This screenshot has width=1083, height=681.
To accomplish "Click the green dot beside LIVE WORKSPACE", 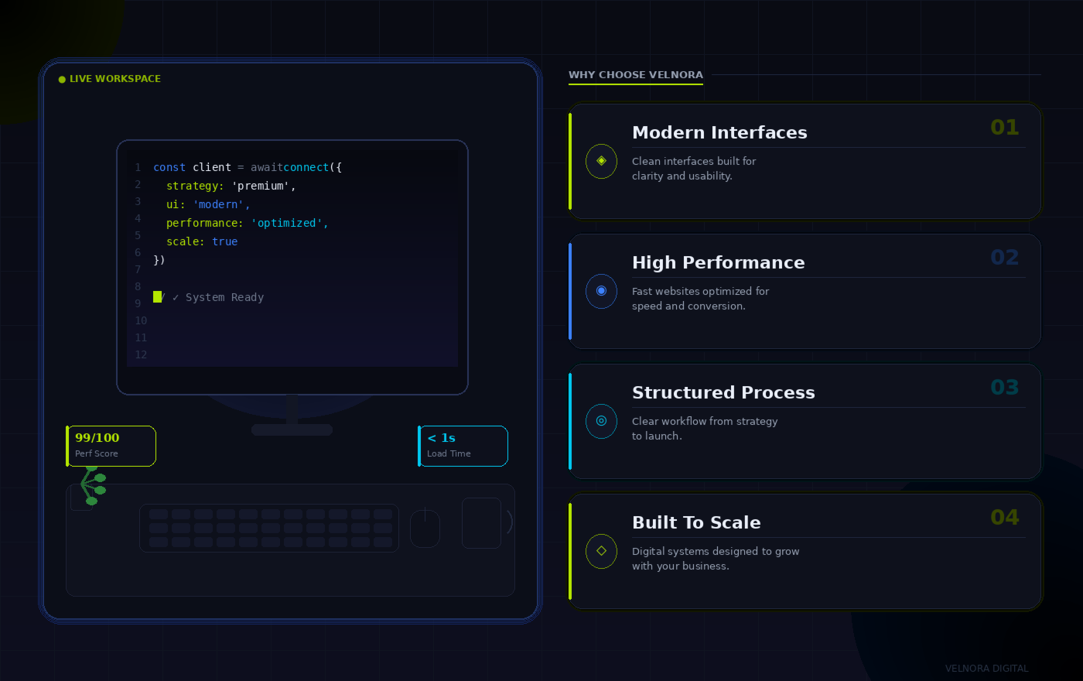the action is coord(62,79).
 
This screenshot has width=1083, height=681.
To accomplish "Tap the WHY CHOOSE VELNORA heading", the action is coord(635,75).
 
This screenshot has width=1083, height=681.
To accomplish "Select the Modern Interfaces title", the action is coord(719,132).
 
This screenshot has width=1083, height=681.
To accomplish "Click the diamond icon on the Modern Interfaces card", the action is coord(602,161).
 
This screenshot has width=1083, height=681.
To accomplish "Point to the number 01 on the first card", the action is coord(1005,128).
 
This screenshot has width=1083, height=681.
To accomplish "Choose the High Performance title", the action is coord(719,262).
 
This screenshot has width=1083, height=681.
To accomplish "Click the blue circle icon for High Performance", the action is coord(602,291).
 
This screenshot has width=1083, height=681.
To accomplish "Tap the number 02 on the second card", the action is coord(1005,257).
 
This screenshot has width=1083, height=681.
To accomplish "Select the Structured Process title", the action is coord(723,392).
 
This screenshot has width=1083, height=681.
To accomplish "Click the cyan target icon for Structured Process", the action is coord(602,421).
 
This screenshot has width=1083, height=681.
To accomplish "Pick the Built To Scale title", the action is coord(696,522).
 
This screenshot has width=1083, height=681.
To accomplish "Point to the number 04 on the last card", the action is coord(1005,518).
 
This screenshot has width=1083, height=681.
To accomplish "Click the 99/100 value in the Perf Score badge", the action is coord(97,438).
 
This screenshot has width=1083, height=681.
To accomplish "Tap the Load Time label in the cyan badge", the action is coord(449,453).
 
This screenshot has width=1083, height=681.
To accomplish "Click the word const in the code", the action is coord(169,167).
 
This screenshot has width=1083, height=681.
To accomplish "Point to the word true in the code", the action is coord(225,241).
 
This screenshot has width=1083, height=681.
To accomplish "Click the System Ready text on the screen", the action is coord(225,297).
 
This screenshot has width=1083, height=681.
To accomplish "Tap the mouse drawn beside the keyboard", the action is coord(425,528).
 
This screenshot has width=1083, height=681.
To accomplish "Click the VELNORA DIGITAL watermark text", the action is coord(987,669).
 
